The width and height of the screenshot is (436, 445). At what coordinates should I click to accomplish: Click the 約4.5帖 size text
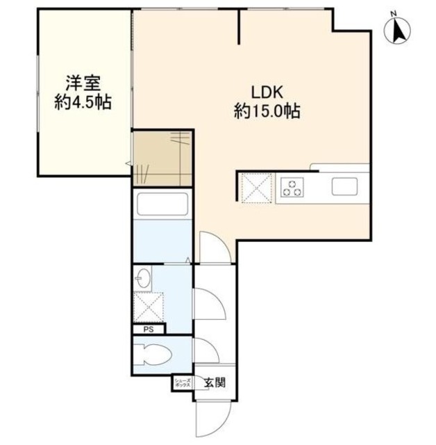pos(83,102)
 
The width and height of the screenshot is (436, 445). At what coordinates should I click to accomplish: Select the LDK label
pos(266,92)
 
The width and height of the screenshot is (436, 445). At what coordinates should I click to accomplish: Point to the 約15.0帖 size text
pos(266,111)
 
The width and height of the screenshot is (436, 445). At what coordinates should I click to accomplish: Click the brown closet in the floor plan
pos(162,158)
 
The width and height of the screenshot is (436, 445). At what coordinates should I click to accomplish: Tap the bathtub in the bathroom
pos(162,206)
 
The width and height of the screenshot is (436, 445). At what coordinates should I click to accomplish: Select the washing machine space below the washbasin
pos(147,306)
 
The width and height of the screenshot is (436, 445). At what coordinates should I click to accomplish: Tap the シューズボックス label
pos(182,382)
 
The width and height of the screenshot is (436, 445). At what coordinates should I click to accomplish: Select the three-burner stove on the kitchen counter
pos(292,187)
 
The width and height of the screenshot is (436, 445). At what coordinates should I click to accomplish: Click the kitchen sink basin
pos(344,187)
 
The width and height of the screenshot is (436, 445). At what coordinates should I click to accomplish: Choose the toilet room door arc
pos(206,350)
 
